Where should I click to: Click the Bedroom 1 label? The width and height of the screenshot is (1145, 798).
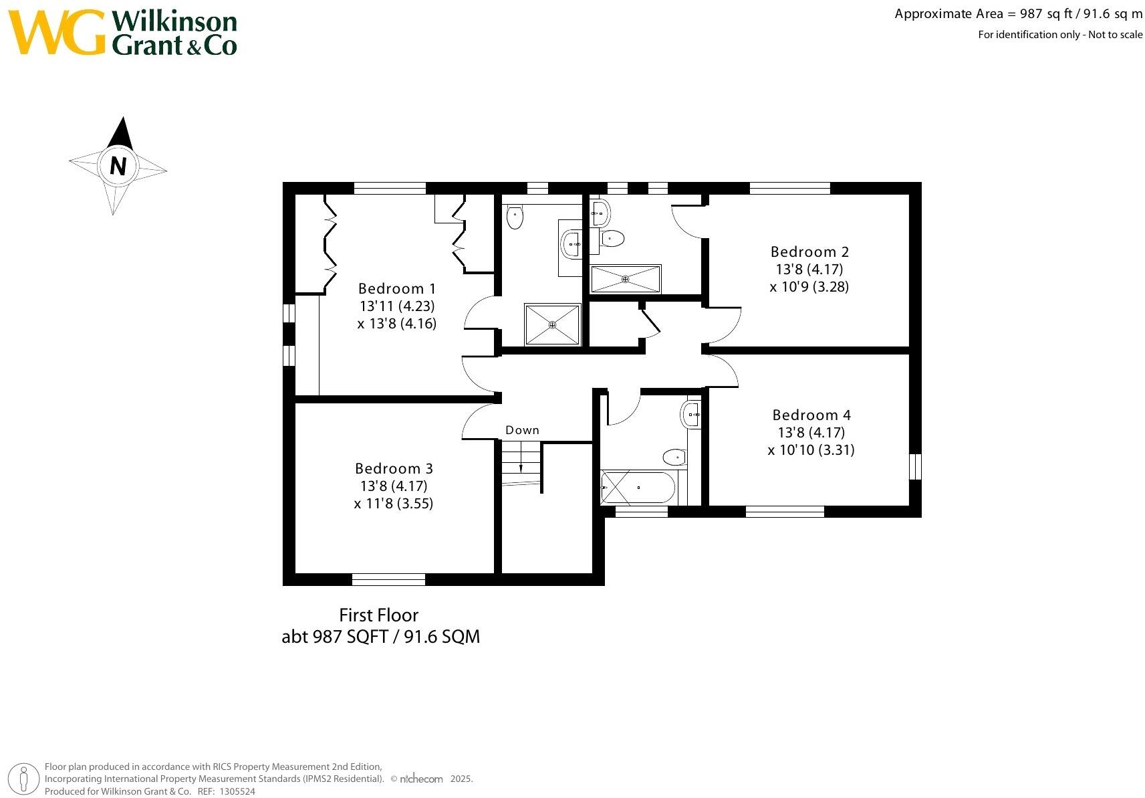point(397,289)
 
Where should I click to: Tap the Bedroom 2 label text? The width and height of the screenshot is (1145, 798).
point(809,252)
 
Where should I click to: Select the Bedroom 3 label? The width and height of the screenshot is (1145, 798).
point(394,468)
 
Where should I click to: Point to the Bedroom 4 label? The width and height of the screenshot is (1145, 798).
point(811,415)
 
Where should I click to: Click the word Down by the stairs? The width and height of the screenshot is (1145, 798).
point(522,430)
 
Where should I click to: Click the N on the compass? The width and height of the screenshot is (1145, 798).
point(118,165)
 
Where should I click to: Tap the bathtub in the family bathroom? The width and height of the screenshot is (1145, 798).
point(638,488)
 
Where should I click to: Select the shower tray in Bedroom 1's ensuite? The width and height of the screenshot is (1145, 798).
point(552,325)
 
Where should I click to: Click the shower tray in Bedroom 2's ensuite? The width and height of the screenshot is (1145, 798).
point(626,279)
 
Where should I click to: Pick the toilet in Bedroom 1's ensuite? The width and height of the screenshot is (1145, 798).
point(515,217)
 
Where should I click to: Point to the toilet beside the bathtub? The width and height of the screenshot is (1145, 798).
point(675,458)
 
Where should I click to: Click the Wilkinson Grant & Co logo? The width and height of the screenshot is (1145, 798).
point(123,32)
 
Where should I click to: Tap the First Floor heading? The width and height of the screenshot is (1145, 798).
point(378,615)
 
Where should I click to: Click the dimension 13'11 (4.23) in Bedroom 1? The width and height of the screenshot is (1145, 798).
point(397,306)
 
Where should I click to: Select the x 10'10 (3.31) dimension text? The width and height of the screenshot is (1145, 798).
point(811,450)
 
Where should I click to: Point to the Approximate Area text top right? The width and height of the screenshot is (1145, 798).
point(1018,14)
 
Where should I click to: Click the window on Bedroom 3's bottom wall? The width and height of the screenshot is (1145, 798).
point(388,579)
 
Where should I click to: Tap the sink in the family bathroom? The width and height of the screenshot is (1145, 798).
point(692,414)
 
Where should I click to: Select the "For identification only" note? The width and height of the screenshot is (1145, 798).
point(1060,35)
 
